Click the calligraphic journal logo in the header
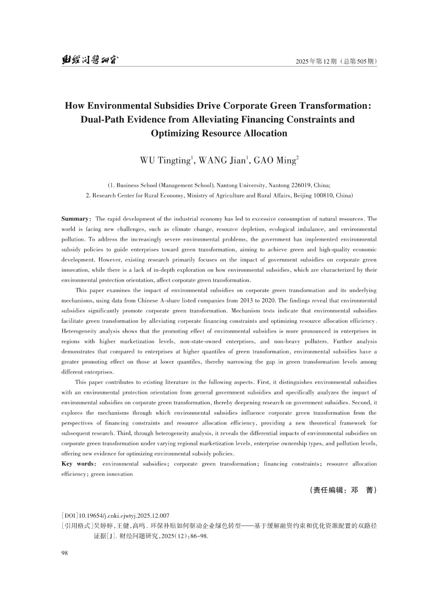pyautogui.click(x=90, y=60)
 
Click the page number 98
pyautogui.click(x=65, y=553)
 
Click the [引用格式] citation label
pyautogui.click(x=75, y=526)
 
